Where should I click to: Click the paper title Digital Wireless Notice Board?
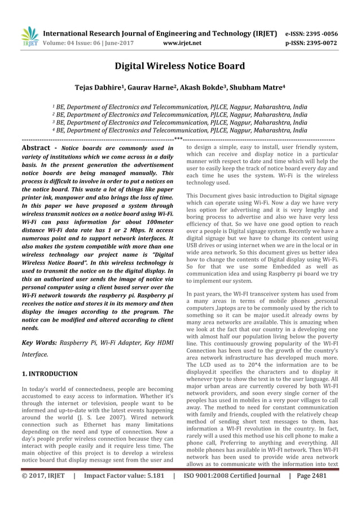(179, 67)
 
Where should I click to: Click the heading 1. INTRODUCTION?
(49, 374)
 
